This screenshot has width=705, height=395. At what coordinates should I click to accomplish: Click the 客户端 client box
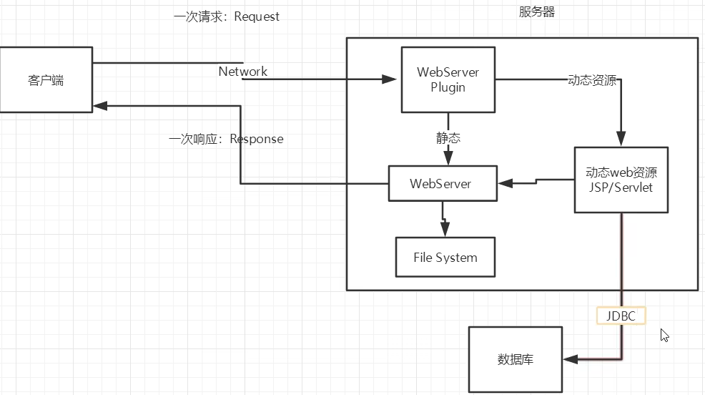pos(46,79)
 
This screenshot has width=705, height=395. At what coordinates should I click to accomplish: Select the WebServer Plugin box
pos(448,79)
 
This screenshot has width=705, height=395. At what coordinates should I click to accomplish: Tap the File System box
pos(445,257)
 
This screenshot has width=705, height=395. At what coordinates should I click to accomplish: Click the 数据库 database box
pos(516,359)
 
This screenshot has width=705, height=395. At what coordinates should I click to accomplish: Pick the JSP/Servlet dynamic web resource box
pos(621,180)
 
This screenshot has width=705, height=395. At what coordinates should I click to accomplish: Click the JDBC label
pos(621,316)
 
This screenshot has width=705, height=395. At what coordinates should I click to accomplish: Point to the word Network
pos(243,72)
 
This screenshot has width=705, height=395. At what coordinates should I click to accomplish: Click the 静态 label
pos(448,137)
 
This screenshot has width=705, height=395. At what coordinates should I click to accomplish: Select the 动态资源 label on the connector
pos(592,80)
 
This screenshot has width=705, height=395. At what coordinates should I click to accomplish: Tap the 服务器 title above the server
pos(537,11)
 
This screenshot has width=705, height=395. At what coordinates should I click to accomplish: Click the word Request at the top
pos(257,16)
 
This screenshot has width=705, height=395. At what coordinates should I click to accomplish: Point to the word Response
pos(257,139)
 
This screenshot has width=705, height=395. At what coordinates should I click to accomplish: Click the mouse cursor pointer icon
pos(664,335)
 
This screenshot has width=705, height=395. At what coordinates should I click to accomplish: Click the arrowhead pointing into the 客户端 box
pos(100,106)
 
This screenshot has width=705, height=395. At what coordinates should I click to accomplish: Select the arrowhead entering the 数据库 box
pos(570,359)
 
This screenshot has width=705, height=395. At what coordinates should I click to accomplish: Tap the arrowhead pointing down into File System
pos(445,230)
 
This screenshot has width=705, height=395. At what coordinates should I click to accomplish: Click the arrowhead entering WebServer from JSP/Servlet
pos(505,183)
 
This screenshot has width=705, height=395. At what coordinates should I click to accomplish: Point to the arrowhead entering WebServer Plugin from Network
pos(390,79)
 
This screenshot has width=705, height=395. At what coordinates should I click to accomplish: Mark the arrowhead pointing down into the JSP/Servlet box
pos(621,139)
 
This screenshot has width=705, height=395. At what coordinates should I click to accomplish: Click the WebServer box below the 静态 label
pos(443,183)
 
